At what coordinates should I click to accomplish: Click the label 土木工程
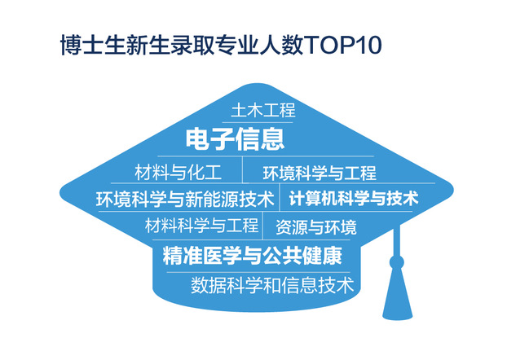[263, 111]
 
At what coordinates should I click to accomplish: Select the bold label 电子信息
[235, 138]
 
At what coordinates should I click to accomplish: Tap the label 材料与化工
[179, 172]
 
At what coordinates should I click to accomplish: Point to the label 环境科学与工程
[320, 173]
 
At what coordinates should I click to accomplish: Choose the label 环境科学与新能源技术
[185, 200]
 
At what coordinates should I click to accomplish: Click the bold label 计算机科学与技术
[354, 198]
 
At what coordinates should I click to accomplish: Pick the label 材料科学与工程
[202, 226]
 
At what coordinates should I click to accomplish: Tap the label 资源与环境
[316, 227]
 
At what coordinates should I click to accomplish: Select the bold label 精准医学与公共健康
[253, 256]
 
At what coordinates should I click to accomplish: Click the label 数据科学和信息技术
[272, 285]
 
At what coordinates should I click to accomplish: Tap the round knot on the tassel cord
[396, 262]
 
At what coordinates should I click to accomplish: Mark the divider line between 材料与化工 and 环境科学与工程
[243, 170]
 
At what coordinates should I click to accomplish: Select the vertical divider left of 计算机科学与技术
[280, 197]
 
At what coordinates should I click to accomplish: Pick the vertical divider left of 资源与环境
[262, 226]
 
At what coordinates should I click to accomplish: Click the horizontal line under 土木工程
[257, 122]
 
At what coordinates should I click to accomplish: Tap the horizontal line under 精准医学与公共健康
[258, 272]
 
